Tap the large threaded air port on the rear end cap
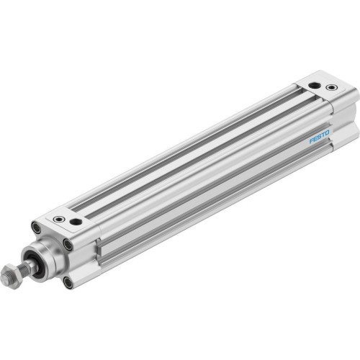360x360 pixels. point(315,86)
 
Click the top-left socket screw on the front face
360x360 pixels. point(35,228)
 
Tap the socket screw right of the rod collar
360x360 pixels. point(68,245)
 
